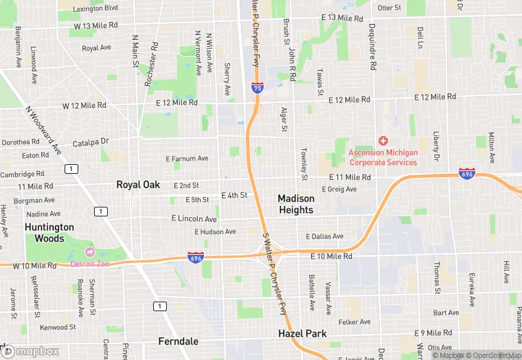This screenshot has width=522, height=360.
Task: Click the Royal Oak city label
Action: (x=138, y=185)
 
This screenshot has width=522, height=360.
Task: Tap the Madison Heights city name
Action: (x=296, y=204)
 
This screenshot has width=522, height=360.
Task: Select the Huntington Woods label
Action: (x=49, y=232)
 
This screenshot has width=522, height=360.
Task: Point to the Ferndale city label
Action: (x=179, y=341)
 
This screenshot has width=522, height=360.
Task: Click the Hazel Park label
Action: (x=302, y=334)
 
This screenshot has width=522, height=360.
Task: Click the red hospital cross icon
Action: (x=383, y=141)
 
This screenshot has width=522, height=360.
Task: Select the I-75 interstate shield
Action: (x=256, y=88)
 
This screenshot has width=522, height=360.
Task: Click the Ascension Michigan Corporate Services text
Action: (x=383, y=157)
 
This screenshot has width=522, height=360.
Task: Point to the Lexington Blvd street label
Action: (x=95, y=8)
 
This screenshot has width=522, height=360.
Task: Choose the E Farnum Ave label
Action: (x=187, y=159)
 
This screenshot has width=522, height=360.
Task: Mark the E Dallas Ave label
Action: (x=324, y=236)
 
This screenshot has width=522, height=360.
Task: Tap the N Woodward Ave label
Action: (x=44, y=130)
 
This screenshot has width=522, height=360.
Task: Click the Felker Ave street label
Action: (x=354, y=322)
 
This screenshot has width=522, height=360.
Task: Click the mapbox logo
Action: (x=30, y=351)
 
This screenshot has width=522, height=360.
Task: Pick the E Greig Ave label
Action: (x=339, y=190)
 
